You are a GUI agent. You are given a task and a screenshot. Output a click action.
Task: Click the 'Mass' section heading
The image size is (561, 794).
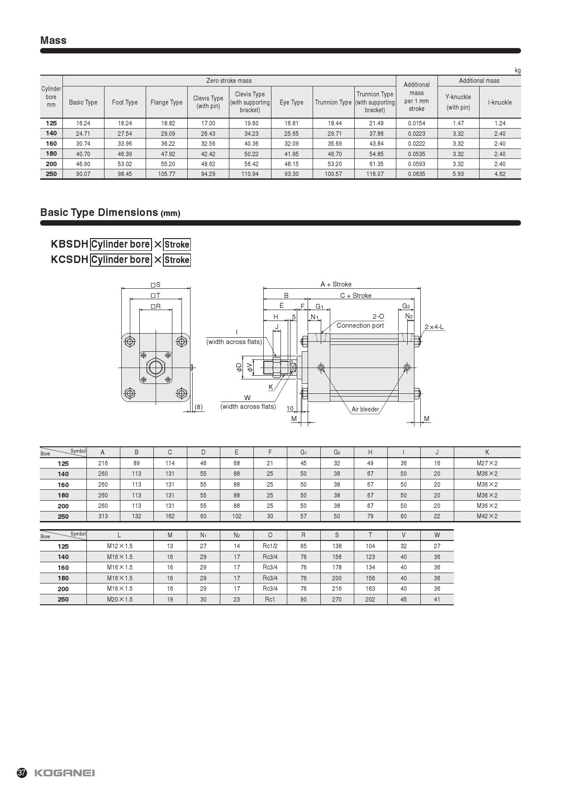click(53, 41)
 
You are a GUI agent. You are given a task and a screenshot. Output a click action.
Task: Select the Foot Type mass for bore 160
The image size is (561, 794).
click(125, 143)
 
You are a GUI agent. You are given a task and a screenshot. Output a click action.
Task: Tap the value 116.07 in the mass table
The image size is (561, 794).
click(375, 174)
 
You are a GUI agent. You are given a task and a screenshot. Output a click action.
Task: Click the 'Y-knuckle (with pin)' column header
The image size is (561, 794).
click(458, 102)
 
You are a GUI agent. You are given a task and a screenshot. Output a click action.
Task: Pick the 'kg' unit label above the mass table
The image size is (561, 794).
click(518, 71)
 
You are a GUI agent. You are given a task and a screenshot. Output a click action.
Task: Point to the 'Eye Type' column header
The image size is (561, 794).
click(291, 102)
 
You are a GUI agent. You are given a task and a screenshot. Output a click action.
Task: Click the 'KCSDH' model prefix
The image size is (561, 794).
click(69, 259)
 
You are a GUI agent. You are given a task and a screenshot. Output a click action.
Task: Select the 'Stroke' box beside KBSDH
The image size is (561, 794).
click(177, 244)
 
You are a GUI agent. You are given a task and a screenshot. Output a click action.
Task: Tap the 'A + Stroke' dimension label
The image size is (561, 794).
click(336, 284)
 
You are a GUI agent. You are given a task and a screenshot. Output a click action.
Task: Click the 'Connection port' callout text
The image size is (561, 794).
click(360, 325)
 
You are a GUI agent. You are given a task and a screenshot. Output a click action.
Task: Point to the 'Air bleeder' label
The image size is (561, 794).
click(365, 409)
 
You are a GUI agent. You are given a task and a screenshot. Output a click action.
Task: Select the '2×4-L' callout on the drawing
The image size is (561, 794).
click(434, 327)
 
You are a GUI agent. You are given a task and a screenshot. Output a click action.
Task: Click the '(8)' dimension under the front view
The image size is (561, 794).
click(199, 407)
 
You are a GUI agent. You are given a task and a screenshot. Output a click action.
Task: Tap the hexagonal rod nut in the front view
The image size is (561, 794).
click(156, 367)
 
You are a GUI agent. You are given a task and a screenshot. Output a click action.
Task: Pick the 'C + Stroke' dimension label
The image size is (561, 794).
click(356, 296)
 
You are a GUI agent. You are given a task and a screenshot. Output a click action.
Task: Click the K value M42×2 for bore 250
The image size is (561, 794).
click(487, 516)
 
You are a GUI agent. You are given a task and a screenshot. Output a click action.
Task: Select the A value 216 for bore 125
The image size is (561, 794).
click(103, 463)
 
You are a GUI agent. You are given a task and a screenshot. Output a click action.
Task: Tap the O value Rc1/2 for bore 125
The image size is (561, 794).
click(270, 546)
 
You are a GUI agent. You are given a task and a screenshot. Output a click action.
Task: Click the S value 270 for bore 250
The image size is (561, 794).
click(337, 599)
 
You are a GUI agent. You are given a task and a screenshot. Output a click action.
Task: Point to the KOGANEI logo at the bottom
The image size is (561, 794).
click(65, 773)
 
